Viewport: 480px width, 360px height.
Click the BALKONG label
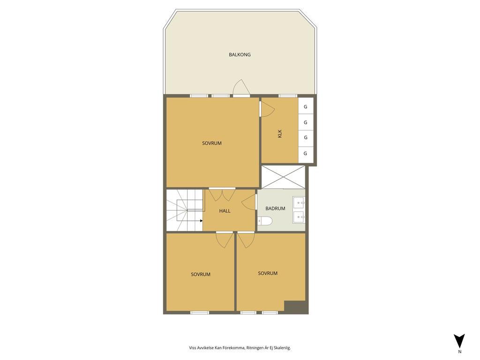240,55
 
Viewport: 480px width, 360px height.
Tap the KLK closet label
280,133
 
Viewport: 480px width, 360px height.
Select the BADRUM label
275,209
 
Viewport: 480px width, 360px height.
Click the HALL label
225,211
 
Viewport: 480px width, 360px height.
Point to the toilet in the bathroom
265,221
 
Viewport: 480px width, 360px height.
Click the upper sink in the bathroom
299,202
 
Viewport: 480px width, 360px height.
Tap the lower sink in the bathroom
299,217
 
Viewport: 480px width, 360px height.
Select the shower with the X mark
283,177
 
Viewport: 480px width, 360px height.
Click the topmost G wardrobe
306,106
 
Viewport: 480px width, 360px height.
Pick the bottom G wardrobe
306,153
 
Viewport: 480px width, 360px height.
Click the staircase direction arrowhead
201,220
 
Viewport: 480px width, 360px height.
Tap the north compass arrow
459,341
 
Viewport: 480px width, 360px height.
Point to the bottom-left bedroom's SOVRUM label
201,275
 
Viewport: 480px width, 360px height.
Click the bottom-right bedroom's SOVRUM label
268,273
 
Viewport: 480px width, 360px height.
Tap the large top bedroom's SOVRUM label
212,143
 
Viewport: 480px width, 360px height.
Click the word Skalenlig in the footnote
281,348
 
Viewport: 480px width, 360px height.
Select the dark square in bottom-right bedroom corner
296,307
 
